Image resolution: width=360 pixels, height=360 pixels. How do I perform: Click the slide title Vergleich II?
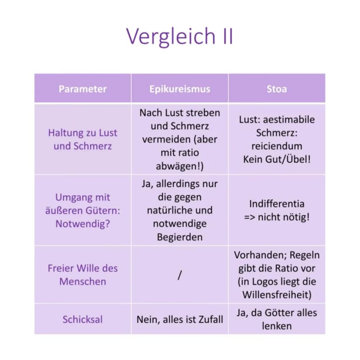pos(180,36)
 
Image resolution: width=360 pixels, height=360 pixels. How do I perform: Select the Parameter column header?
pos(83,89)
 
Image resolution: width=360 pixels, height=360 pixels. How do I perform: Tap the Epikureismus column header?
pos(180,89)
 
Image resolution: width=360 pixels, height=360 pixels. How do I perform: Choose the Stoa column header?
pos(277,89)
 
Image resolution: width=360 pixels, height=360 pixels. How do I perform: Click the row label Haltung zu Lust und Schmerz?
pos(83,140)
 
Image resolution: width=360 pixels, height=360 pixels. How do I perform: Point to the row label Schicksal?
pos(83,320)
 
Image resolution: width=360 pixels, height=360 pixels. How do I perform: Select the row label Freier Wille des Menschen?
pos(83,275)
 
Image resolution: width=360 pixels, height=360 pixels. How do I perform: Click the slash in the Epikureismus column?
pos(180,275)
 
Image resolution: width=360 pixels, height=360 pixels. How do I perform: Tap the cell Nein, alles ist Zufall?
pos(180,320)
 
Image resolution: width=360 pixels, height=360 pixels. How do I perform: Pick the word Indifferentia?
pos(277,203)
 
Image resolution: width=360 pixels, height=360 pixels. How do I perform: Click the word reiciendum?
pos(277,146)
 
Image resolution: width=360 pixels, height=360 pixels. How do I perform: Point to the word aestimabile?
pos(289,120)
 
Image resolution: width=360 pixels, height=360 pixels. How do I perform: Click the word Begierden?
pos(180,237)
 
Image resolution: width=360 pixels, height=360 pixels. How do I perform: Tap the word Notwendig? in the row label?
pos(83,224)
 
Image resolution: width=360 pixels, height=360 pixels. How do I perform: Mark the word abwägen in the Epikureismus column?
pos(176,166)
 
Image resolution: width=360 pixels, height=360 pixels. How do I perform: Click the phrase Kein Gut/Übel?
pos(277,159)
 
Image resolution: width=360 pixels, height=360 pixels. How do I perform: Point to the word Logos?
pos(265,282)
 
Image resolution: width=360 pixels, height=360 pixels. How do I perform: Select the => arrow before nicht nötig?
pos(250,217)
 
